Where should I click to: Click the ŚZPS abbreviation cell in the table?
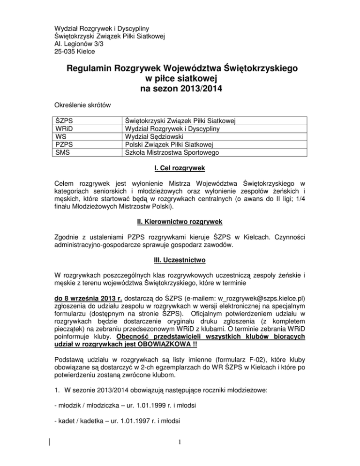point(64,121)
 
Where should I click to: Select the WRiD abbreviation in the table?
point(65,129)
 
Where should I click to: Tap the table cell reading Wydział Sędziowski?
point(153,137)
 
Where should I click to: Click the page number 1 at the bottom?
point(180,455)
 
